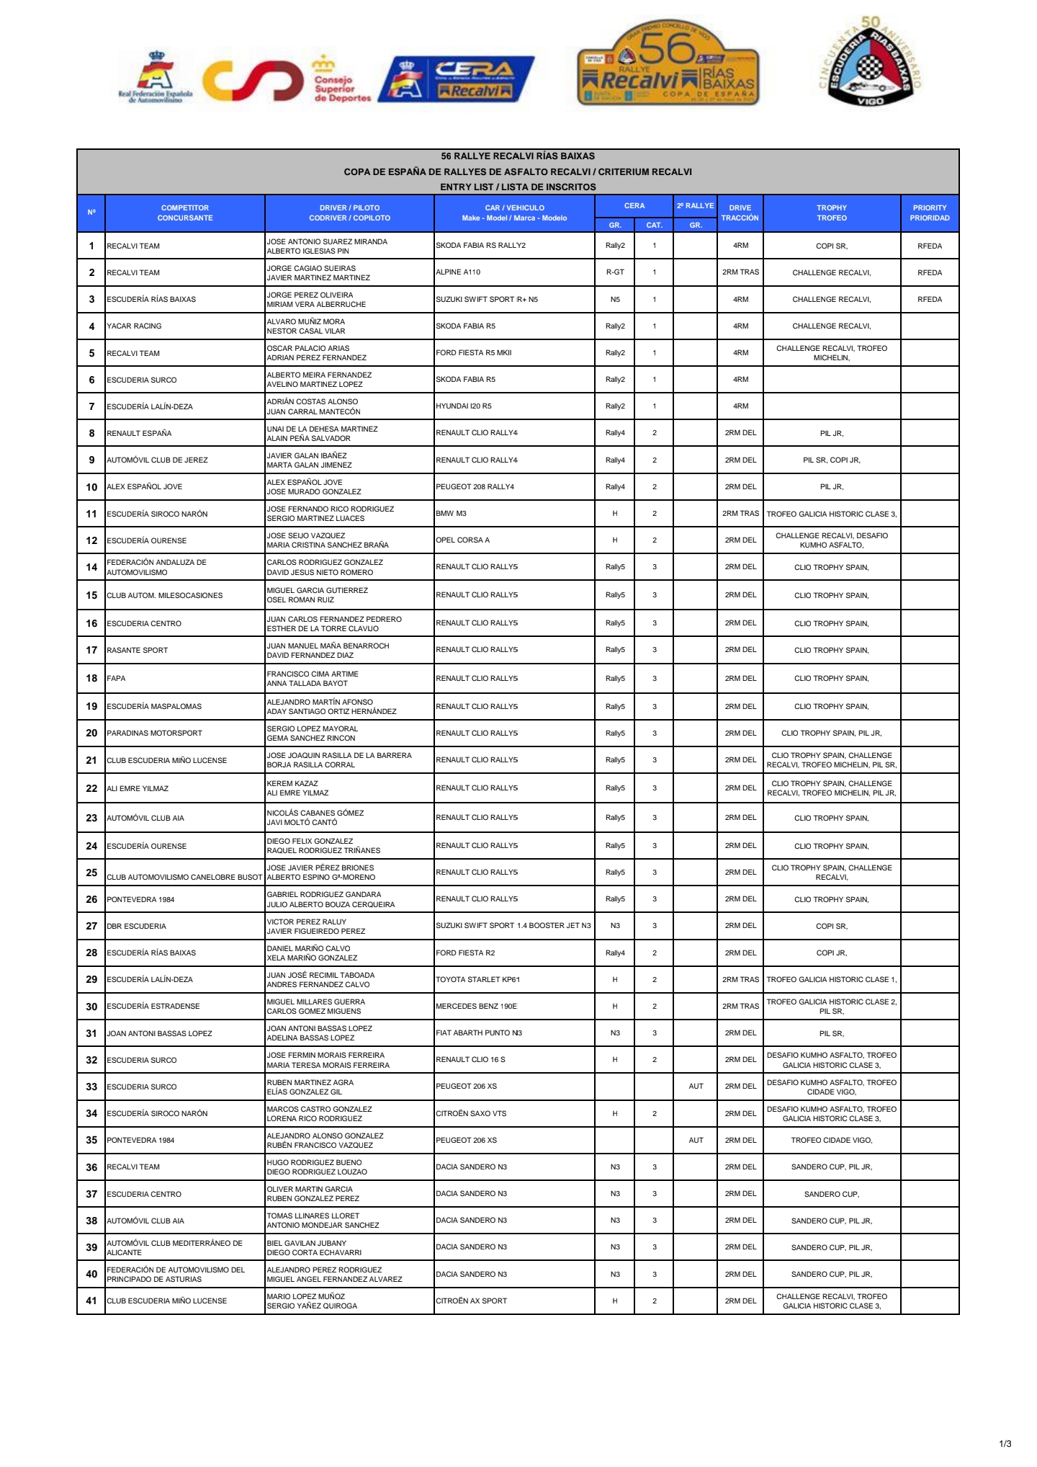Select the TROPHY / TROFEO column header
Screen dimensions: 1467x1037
coord(831,213)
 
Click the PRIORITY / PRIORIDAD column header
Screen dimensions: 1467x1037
coord(929,213)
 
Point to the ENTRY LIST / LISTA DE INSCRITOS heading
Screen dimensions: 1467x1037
coord(518,187)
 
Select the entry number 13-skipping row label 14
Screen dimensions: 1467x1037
coord(91,567)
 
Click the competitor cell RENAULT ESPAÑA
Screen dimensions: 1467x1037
coord(139,433)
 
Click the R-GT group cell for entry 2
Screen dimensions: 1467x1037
coord(615,272)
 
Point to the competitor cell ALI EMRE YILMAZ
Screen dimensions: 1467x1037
coord(138,788)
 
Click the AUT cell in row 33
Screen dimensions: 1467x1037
coord(696,1086)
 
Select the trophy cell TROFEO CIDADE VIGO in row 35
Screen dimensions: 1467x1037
coord(831,1140)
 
